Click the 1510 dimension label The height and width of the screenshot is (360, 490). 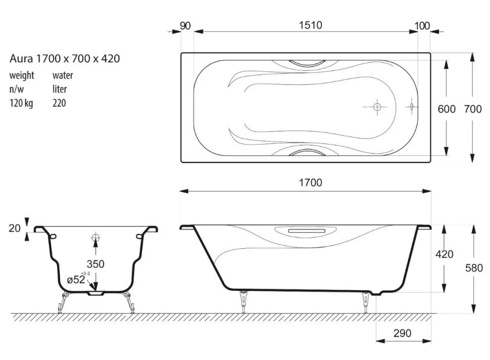[x=310, y=25]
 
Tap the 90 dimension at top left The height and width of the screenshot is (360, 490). [x=185, y=26]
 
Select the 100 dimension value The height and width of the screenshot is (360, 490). [x=422, y=26]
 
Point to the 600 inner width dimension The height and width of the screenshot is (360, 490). [x=447, y=109]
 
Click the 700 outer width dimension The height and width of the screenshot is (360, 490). [x=473, y=109]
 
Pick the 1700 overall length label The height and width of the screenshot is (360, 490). [x=310, y=183]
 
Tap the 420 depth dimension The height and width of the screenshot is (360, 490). [x=445, y=254]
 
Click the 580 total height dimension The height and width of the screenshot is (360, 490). [x=474, y=268]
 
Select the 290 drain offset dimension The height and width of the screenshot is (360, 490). [x=402, y=333]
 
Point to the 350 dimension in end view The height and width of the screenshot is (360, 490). [x=95, y=264]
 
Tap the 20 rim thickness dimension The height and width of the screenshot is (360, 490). [x=14, y=228]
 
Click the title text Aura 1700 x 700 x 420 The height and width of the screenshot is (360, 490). [x=65, y=59]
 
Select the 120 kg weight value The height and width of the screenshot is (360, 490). [x=21, y=103]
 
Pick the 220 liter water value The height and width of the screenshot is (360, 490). [x=59, y=103]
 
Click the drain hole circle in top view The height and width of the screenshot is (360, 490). [x=377, y=107]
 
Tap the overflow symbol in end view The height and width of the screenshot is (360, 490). [x=95, y=238]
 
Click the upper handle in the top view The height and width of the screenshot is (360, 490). [x=305, y=64]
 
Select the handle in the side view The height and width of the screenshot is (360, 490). [x=307, y=231]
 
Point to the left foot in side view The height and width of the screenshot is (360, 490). [x=243, y=301]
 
